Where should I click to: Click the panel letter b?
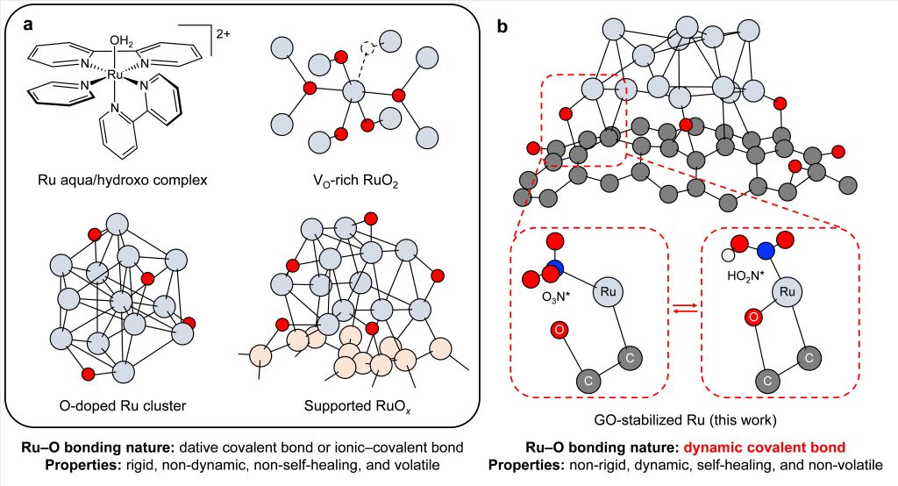(x=503, y=26)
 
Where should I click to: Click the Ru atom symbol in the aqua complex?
(x=114, y=76)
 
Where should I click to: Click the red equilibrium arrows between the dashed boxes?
(x=684, y=305)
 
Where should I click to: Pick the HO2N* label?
(x=746, y=274)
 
